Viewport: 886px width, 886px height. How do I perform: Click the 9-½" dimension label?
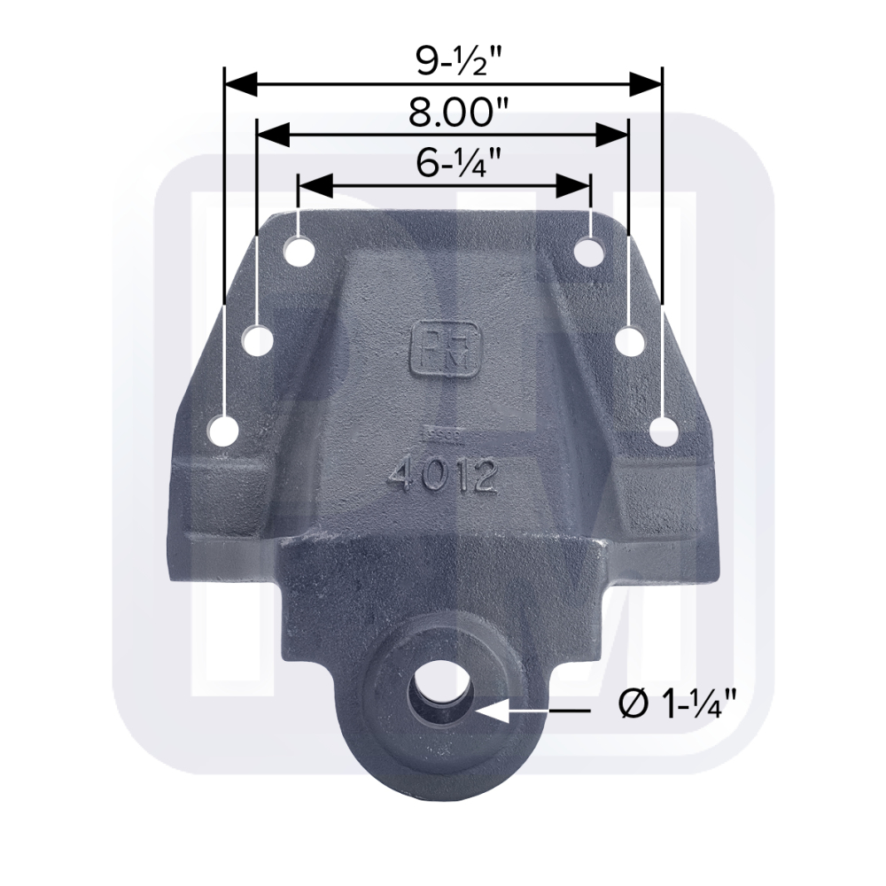pyautogui.click(x=446, y=58)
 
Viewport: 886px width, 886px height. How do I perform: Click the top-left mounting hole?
pyautogui.click(x=299, y=249)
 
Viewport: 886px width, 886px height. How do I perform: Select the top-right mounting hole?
pyautogui.click(x=588, y=249)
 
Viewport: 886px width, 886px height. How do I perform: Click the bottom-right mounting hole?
pyautogui.click(x=663, y=433)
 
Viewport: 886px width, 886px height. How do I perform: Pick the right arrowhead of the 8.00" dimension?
pyautogui.click(x=612, y=136)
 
